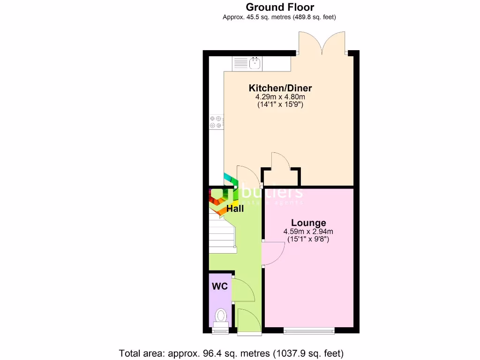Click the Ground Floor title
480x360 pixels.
pos(280,7)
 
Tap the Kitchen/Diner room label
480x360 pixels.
pos(280,88)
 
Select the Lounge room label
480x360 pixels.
pos(308,223)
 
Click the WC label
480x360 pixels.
pos(219,286)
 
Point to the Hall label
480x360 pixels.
pos(235,209)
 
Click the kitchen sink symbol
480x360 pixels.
pos(255,63)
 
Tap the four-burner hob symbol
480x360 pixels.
pos(216,122)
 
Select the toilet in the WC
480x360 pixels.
pos(220,317)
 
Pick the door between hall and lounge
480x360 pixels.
pos(273,254)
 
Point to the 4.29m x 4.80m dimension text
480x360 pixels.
pos(280,97)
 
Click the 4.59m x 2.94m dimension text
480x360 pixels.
pos(308,232)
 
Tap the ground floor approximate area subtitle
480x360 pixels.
pos(279,17)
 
